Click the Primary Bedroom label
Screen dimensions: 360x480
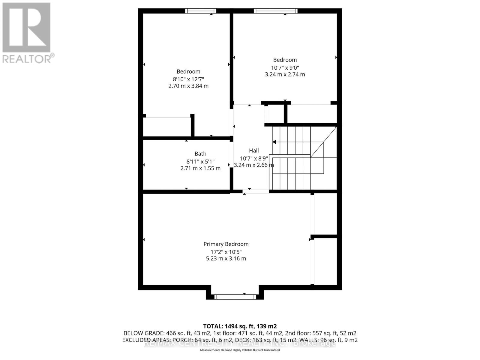point(226,244)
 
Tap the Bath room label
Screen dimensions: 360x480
point(200,154)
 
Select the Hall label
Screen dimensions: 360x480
point(254,151)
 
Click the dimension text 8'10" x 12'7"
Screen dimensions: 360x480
point(188,79)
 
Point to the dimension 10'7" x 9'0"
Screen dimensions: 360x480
point(285,68)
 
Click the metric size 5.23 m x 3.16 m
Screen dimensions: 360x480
point(226,259)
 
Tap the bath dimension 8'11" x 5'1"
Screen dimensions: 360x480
point(200,161)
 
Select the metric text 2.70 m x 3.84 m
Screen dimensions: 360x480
point(188,86)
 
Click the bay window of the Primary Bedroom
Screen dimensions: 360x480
point(235,297)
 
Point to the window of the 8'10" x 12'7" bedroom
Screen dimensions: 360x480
point(200,11)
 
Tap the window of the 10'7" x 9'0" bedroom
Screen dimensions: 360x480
point(275,11)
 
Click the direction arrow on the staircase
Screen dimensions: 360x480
point(274,142)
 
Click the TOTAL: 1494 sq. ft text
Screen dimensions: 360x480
point(240,326)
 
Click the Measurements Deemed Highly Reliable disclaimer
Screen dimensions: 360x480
point(240,350)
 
